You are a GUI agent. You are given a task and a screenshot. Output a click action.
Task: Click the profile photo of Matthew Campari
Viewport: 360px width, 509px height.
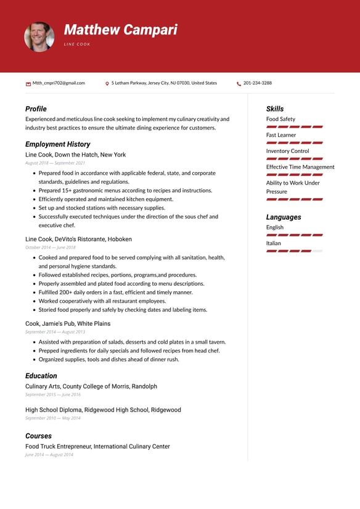click(39, 36)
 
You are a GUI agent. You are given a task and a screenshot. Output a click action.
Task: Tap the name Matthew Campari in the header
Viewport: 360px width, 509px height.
click(120, 30)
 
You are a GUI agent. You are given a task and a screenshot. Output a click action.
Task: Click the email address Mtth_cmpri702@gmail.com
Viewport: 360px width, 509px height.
click(59, 83)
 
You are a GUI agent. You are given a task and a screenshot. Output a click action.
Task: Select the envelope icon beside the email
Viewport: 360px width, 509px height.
click(28, 83)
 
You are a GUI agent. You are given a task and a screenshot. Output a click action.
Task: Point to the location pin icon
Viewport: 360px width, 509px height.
click(107, 83)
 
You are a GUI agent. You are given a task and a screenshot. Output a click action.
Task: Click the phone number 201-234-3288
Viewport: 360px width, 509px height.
click(257, 83)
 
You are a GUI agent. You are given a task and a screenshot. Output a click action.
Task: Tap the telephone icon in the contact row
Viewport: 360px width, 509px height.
click(239, 83)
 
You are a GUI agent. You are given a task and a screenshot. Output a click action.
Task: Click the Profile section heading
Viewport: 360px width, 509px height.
click(36, 109)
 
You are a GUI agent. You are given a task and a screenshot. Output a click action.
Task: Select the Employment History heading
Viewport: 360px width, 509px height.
click(58, 144)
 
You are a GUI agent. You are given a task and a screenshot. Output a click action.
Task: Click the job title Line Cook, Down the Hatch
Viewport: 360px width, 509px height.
click(75, 155)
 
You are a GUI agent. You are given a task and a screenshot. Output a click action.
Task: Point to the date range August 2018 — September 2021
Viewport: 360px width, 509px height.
click(55, 163)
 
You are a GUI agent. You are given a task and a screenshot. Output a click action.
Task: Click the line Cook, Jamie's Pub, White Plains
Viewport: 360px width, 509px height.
click(68, 323)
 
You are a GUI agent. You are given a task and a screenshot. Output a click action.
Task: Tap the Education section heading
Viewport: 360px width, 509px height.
click(41, 376)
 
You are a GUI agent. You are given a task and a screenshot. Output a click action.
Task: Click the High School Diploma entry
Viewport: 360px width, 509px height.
click(103, 410)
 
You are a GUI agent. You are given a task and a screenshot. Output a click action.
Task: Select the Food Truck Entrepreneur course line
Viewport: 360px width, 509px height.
click(97, 446)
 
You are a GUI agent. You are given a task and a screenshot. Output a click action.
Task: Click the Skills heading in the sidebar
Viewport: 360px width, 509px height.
click(275, 109)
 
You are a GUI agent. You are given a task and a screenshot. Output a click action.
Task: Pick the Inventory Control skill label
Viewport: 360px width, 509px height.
click(287, 151)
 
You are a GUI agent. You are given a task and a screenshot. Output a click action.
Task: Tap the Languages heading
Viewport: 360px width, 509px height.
click(284, 217)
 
